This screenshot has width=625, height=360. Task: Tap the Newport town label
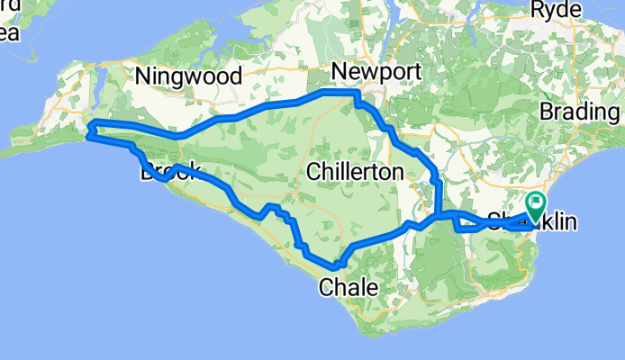pyautogui.click(x=367, y=71)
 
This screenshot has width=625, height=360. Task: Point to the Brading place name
pyautogui.click(x=582, y=112)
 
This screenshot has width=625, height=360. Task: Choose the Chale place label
pyautogui.click(x=343, y=288)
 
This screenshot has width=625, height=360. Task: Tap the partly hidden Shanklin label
pyautogui.click(x=531, y=220)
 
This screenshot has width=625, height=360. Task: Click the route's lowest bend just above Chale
pyautogui.click(x=336, y=265)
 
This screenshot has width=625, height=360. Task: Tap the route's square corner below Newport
pyautogui.click(x=357, y=93)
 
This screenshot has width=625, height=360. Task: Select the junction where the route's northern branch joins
pyautogui.click(x=437, y=215)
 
